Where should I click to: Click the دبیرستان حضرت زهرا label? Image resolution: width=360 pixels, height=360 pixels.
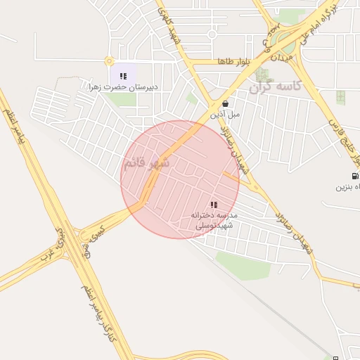[x=123, y=86]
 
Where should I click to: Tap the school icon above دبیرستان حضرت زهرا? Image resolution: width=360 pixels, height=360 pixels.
[x=123, y=76]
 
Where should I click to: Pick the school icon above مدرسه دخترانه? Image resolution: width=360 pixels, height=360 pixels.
[x=214, y=204]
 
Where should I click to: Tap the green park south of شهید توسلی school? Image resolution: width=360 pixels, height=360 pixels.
[x=243, y=266]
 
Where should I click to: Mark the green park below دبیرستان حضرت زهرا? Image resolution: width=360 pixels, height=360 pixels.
[x=123, y=99]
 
